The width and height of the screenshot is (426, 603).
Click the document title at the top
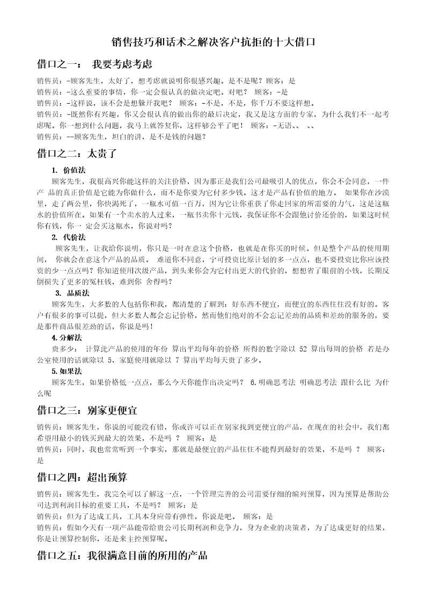tap(212, 41)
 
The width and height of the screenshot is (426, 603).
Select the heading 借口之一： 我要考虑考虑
tap(94, 64)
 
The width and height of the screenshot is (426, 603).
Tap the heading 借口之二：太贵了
tap(76, 154)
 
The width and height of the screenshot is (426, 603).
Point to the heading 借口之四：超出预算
tap(82, 477)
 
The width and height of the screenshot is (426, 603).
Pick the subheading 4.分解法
tap(67, 338)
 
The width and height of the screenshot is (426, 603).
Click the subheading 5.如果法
tap(67, 371)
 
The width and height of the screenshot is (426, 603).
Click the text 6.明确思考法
tap(273, 382)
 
